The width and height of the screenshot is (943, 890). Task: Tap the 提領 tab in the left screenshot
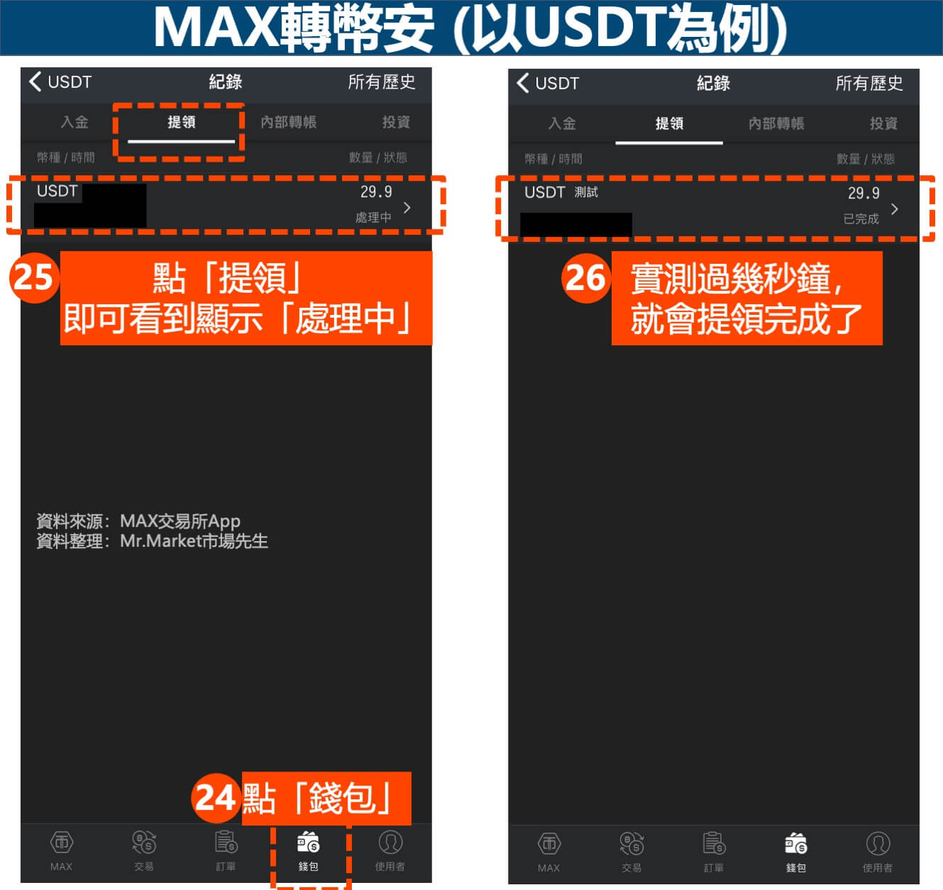(x=182, y=122)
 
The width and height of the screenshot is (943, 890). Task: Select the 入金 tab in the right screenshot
(x=562, y=123)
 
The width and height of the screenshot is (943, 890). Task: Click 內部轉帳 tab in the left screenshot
(x=288, y=122)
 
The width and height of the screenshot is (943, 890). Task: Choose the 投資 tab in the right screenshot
(x=883, y=123)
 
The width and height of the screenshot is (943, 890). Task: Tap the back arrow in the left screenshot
(x=35, y=82)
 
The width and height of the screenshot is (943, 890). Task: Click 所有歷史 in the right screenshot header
(x=869, y=83)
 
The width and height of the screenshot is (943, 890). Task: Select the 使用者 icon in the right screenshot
(x=878, y=843)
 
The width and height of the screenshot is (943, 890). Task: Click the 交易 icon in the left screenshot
(x=144, y=842)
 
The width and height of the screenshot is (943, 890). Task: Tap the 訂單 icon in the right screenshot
(x=714, y=843)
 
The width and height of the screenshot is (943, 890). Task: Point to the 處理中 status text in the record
(x=373, y=218)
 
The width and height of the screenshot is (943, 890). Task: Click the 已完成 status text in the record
(x=861, y=219)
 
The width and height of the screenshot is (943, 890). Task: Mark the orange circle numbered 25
(x=34, y=278)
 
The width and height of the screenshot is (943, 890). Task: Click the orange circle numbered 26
(x=586, y=278)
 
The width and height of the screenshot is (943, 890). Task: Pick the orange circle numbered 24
(x=216, y=798)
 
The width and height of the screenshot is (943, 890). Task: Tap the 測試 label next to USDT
(x=586, y=192)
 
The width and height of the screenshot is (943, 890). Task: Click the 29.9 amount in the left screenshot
(x=376, y=191)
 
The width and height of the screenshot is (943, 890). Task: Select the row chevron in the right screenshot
(x=895, y=209)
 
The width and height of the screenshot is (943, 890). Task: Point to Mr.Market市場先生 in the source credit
(x=194, y=541)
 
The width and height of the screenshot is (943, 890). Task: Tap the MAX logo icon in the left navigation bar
(x=62, y=842)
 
